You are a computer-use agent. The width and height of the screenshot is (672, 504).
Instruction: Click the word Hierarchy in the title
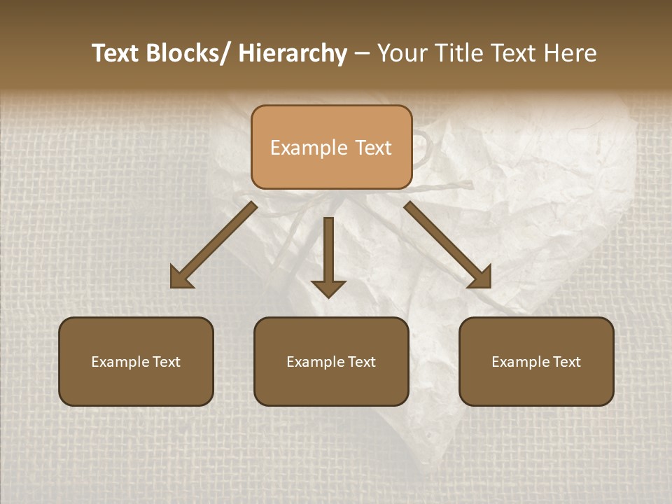click(x=292, y=54)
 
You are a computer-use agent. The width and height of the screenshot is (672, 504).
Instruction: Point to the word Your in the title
click(x=402, y=54)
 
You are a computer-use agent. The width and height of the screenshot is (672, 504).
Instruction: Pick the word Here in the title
click(x=573, y=54)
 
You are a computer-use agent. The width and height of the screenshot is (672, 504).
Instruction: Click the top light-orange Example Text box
click(x=331, y=147)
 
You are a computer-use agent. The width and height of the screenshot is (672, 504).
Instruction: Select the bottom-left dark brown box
click(x=136, y=361)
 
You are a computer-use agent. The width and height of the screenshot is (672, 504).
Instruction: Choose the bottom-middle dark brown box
click(x=331, y=361)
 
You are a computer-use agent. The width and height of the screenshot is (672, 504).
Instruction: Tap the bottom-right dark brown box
click(x=536, y=361)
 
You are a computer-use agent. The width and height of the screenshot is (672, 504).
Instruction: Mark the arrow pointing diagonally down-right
click(x=449, y=246)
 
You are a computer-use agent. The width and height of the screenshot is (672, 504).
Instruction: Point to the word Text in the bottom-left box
click(x=167, y=362)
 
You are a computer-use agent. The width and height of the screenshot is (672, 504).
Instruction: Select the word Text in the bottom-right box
click(x=567, y=362)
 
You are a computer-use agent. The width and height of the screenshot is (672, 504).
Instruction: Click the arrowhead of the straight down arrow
click(x=328, y=288)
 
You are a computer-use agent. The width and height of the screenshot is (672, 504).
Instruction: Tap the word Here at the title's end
click(x=573, y=54)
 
